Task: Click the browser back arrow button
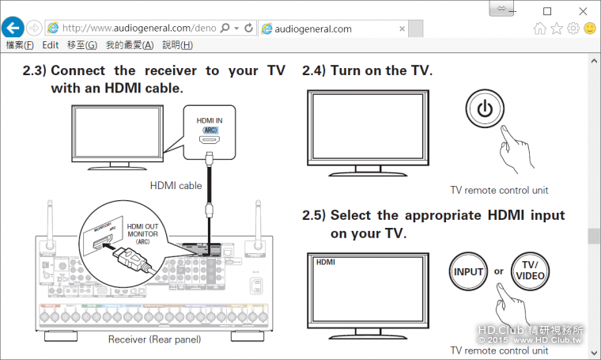pyautogui.click(x=12, y=28)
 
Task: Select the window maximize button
pyautogui.click(x=547, y=10)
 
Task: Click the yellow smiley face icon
pyautogui.click(x=590, y=28)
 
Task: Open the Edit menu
pyautogui.click(x=51, y=45)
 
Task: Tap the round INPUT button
pyautogui.click(x=468, y=271)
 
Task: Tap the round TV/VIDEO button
pyautogui.click(x=530, y=271)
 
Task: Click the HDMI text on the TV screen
pyautogui.click(x=325, y=260)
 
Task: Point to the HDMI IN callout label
pyautogui.click(x=210, y=121)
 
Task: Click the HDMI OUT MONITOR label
pyautogui.click(x=142, y=233)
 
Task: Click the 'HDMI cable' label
pyautogui.click(x=176, y=186)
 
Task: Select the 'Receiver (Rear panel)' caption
pyautogui.click(x=154, y=339)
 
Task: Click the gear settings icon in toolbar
pyautogui.click(x=573, y=28)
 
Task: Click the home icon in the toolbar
pyautogui.click(x=540, y=28)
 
